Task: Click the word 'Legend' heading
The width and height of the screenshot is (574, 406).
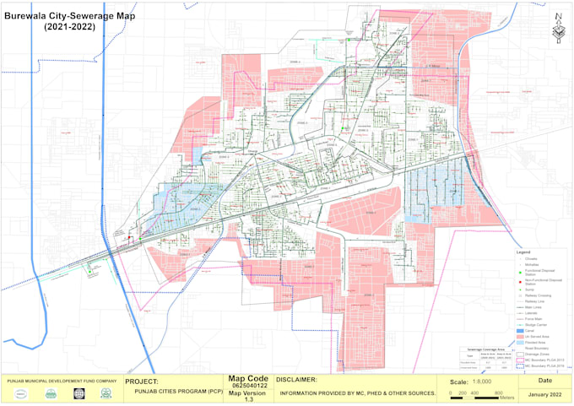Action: [x=523, y=252]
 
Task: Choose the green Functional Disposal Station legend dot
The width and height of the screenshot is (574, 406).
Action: [x=520, y=272]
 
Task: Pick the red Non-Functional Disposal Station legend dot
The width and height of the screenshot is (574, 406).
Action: [x=520, y=283]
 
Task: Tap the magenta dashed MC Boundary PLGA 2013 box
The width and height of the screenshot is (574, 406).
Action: [x=520, y=360]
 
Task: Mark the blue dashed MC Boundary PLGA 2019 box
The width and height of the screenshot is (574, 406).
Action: [x=520, y=366]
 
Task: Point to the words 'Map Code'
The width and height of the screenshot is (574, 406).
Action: [x=248, y=379]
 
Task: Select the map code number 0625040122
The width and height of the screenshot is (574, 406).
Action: [x=248, y=387]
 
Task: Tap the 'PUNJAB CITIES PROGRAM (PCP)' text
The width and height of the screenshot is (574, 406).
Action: [x=169, y=392]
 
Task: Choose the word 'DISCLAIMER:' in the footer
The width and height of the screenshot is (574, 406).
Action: [x=295, y=380]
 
